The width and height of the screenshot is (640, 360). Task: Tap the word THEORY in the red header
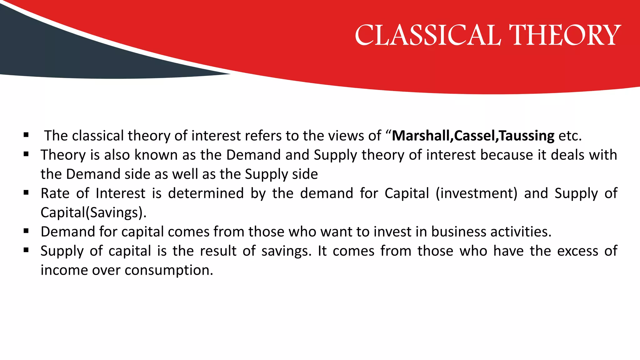565,35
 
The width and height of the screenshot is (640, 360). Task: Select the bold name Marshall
421,136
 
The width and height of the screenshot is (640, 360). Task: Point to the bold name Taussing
527,136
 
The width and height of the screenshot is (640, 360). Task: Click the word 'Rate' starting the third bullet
55,193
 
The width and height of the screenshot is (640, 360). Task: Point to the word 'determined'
206,193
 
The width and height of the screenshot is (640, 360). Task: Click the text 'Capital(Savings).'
93,212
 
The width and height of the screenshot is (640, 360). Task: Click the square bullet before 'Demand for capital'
26,231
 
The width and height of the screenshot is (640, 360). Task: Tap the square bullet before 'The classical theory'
26,135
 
